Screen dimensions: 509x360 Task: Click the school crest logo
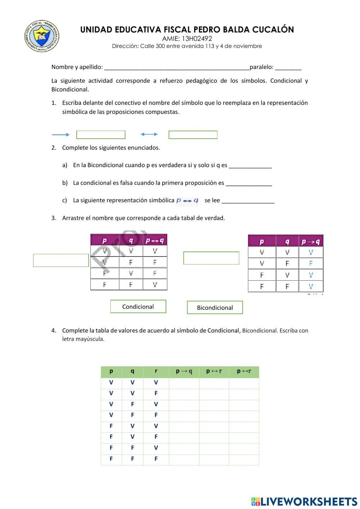point(42,36)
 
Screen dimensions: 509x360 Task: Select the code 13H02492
point(197,39)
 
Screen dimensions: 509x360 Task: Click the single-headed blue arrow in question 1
point(61,135)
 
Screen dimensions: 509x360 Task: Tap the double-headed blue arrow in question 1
point(149,134)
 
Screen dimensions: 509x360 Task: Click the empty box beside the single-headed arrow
point(101,135)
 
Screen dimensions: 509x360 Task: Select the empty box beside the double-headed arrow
point(193,135)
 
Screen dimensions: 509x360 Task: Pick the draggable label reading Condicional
point(138,307)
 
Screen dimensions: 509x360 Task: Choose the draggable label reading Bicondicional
point(215,308)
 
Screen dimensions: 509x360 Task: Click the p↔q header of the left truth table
point(155,240)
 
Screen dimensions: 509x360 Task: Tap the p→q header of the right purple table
point(311,241)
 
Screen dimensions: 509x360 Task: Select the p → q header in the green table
point(184,371)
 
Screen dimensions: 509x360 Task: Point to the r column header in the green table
point(156,371)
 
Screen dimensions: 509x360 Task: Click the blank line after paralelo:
point(288,67)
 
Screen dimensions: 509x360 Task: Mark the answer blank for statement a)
point(250,166)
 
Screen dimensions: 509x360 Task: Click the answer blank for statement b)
point(248,183)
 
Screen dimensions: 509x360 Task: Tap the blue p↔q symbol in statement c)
point(187,201)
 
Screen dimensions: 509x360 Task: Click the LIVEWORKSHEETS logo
point(304,501)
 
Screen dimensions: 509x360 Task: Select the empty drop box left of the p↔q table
point(61,260)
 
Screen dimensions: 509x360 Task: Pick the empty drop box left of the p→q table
point(211,258)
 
